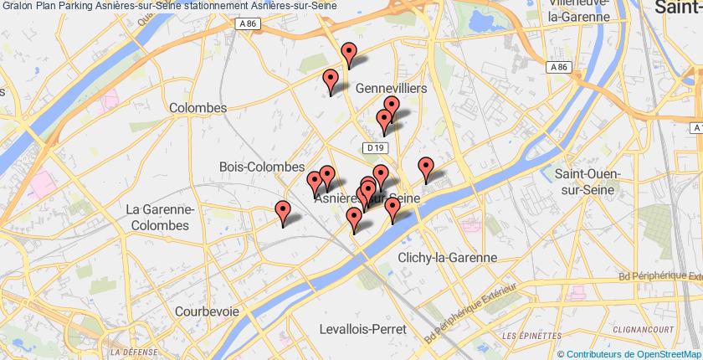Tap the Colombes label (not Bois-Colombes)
[x=198, y=108]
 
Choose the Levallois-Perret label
[x=362, y=329]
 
